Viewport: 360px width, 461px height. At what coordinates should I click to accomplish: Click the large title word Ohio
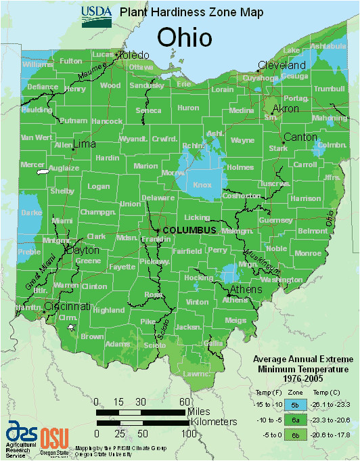click(185, 37)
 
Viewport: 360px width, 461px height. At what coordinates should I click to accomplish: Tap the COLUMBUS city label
click(189, 230)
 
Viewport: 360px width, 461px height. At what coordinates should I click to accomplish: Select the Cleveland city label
click(284, 66)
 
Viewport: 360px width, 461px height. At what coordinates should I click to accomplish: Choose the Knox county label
click(202, 184)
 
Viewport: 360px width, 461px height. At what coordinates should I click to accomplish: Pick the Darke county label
click(31, 212)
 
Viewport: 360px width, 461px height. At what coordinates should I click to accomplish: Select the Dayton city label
click(82, 250)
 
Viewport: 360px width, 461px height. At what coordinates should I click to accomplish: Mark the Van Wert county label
click(35, 137)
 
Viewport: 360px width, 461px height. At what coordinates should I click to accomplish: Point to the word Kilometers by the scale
click(212, 422)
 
